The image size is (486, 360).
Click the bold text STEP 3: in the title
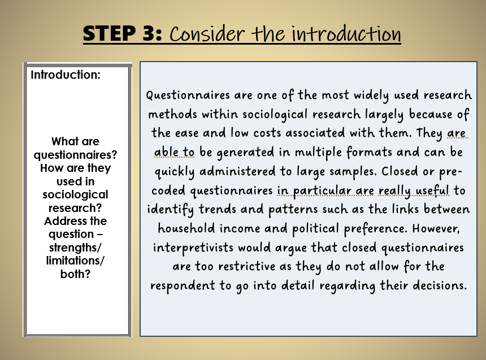tap(123, 33)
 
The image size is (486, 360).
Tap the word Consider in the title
tap(207, 33)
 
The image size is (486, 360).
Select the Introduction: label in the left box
tap(66, 75)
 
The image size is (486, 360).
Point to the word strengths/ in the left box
tap(75, 248)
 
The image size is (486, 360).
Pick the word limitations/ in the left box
tap(75, 261)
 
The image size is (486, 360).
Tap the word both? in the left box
tap(75, 274)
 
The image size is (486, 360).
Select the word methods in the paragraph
tap(172, 114)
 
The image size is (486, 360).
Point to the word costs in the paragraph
tap(267, 133)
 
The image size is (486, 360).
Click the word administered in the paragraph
tap(237, 171)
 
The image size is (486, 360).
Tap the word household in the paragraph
tap(186, 229)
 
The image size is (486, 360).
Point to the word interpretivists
tap(193, 248)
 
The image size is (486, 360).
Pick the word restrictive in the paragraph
tap(247, 267)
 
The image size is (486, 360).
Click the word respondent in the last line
tap(183, 286)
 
